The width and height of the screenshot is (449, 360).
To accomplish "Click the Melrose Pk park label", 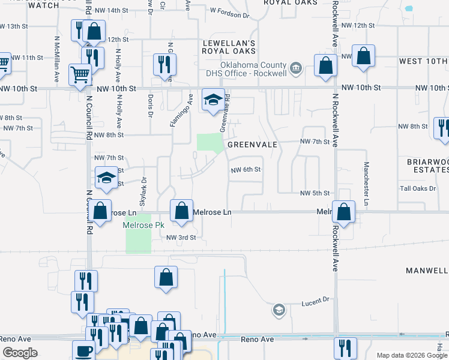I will coord(143,226).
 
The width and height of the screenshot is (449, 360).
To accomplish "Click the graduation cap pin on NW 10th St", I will coord(212,100).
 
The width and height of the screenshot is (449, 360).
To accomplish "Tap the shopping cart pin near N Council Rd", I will coord(80,75).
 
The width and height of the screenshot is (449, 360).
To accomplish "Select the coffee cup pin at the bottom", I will coord(83,350).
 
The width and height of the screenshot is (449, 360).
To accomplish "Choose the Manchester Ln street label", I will coord(366,184).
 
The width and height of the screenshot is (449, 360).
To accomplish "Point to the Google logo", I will coord(20,353).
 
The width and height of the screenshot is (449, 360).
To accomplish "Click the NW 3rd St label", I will coord(181,238).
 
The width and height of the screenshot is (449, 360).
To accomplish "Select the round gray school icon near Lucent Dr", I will coord(279,310).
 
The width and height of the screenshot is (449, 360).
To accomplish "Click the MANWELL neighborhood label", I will coord(427,271).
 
